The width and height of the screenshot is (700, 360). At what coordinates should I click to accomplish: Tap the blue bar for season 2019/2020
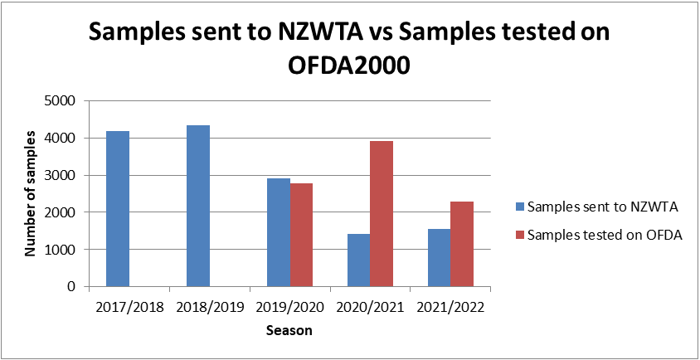click(279, 232)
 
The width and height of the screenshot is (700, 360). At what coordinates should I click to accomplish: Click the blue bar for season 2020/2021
click(359, 260)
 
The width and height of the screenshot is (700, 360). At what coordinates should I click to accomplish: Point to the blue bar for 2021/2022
click(440, 258)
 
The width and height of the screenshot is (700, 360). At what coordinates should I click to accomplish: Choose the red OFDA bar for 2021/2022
click(462, 244)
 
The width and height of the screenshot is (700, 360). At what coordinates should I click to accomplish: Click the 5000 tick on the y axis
click(62, 101)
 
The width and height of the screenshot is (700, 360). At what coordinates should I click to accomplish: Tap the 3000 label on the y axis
click(62, 176)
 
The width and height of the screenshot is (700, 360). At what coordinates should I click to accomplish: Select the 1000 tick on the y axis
click(62, 250)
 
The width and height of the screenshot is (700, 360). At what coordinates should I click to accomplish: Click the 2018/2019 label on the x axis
click(209, 307)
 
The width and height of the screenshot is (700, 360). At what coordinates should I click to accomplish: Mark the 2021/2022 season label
click(451, 307)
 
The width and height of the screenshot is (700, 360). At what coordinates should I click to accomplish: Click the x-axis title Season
click(289, 331)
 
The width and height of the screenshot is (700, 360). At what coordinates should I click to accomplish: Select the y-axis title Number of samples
click(30, 192)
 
